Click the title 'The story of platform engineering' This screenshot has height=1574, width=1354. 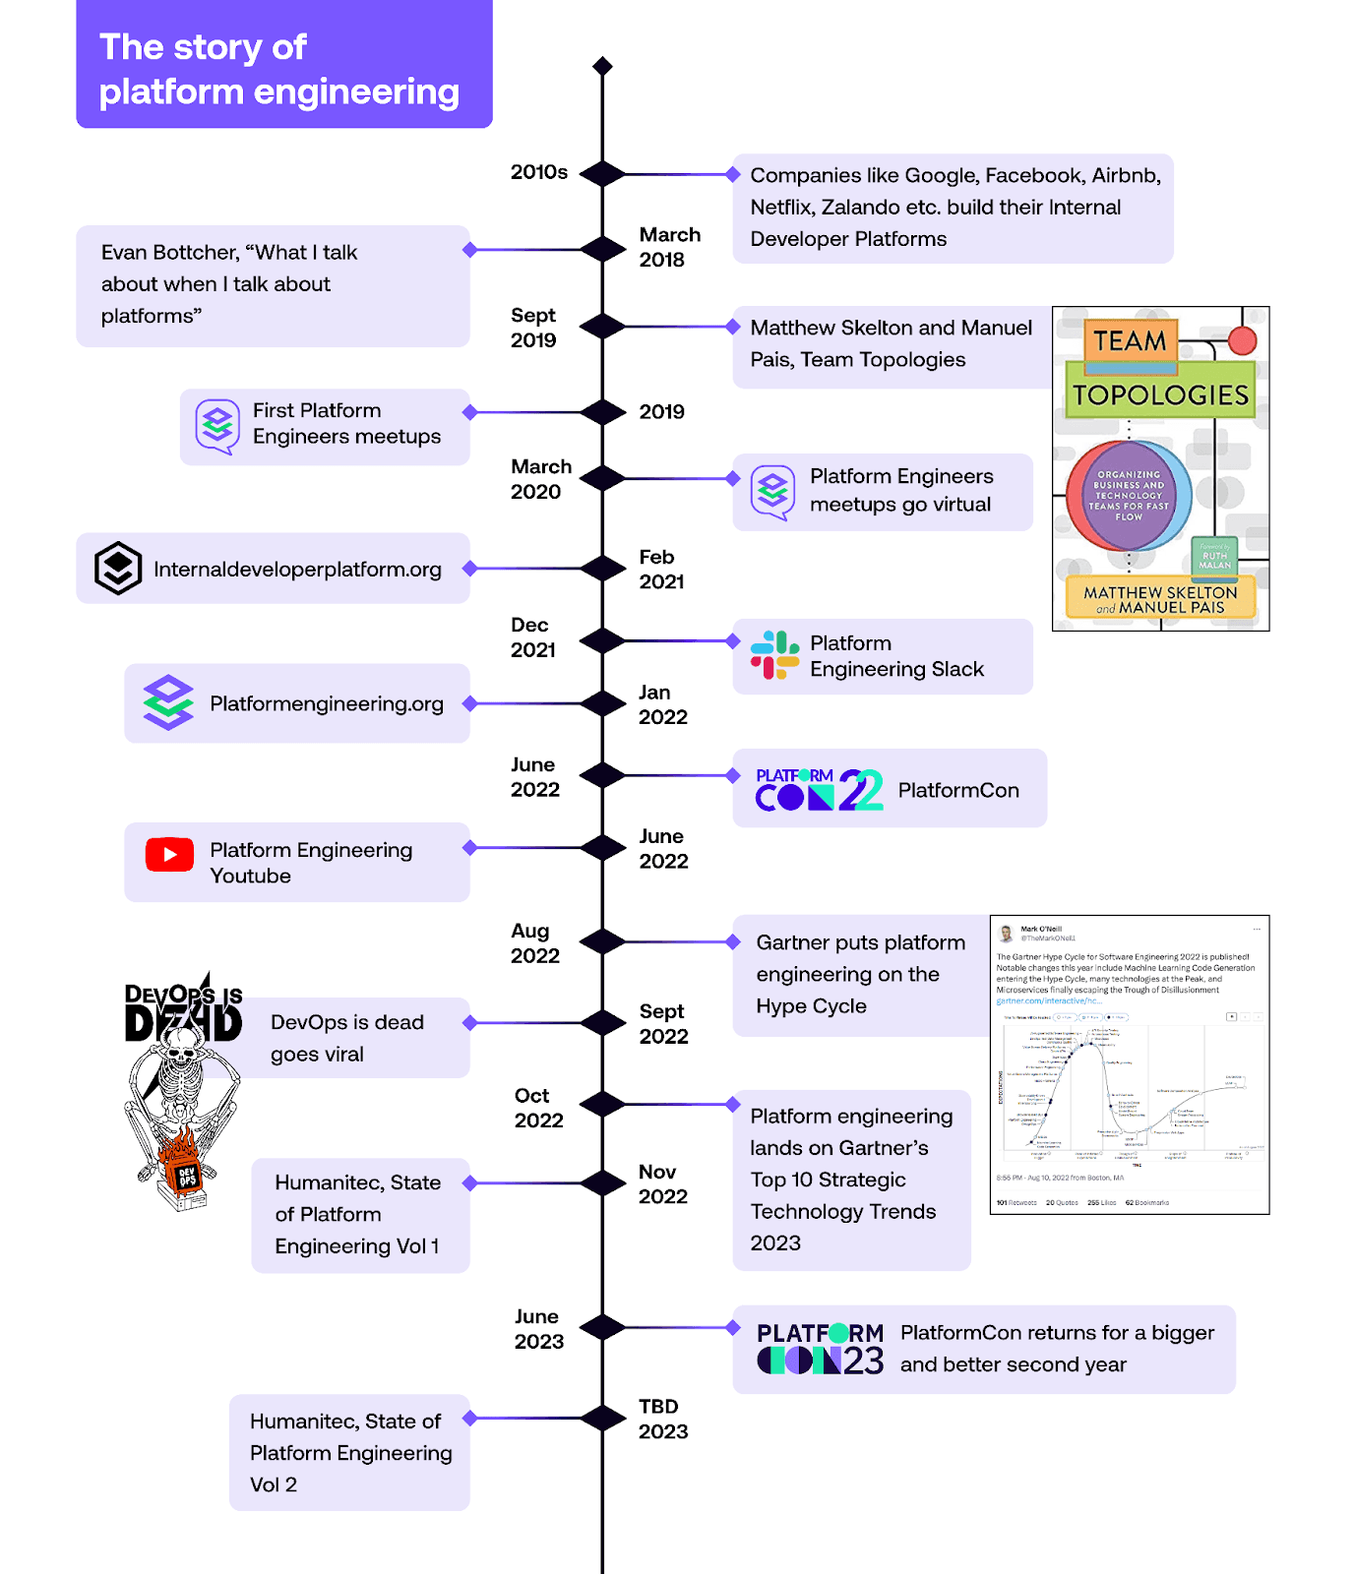coord(279,69)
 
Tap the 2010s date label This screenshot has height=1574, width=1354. coord(538,172)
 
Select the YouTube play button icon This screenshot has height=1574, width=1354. coord(169,855)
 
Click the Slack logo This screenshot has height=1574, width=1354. coord(774,655)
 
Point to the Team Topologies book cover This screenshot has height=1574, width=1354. coord(1160,468)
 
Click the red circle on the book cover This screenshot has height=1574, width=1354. coord(1242,340)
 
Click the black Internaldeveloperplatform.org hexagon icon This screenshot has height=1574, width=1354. coord(118,568)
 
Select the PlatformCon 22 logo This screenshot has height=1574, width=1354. coord(819,789)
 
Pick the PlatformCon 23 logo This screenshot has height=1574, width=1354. coord(820,1349)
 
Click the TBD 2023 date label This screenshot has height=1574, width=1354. coord(662,1419)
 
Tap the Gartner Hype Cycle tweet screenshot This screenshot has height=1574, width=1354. coord(1129,1064)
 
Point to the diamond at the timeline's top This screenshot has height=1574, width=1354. coord(602,66)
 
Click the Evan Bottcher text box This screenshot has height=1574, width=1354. coord(273,285)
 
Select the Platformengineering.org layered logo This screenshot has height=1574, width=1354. coord(168,702)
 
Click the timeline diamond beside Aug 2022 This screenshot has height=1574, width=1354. coord(602,942)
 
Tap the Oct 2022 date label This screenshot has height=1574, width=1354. coord(538,1108)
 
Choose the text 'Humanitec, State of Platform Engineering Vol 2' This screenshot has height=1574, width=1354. coord(350,1452)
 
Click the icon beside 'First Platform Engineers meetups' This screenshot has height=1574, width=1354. coord(217,425)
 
